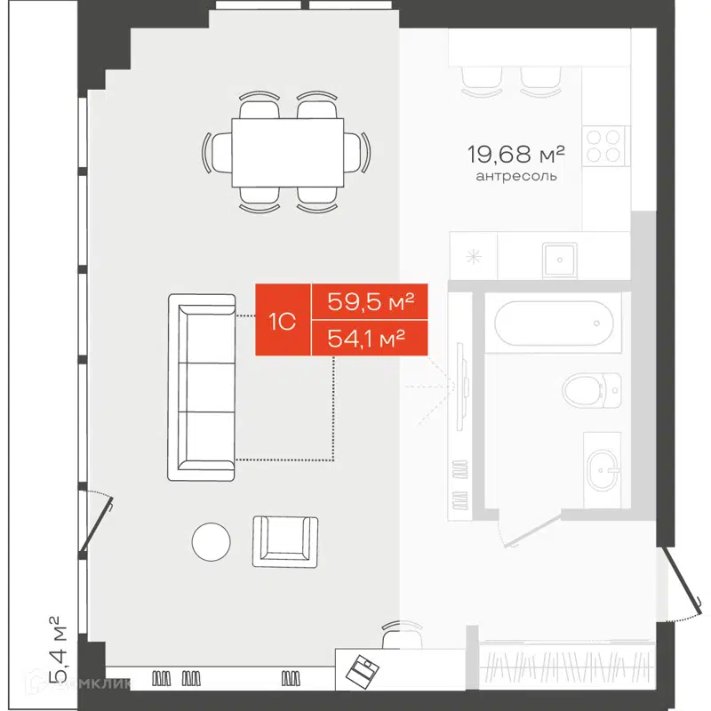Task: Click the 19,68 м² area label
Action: [x=516, y=155]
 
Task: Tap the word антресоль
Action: [x=516, y=176]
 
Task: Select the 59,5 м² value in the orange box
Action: [x=371, y=302]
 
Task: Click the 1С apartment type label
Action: [x=283, y=321]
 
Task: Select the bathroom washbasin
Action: [x=608, y=463]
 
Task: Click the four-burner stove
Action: [x=605, y=144]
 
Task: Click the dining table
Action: [x=287, y=153]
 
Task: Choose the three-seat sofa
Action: [x=203, y=387]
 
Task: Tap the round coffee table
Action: [x=212, y=539]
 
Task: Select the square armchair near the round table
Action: [x=284, y=539]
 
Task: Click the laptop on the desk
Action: [x=363, y=667]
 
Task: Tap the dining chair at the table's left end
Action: [x=218, y=153]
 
